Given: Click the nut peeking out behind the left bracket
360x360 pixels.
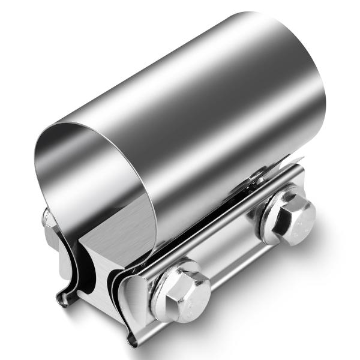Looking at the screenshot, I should (47, 217).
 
